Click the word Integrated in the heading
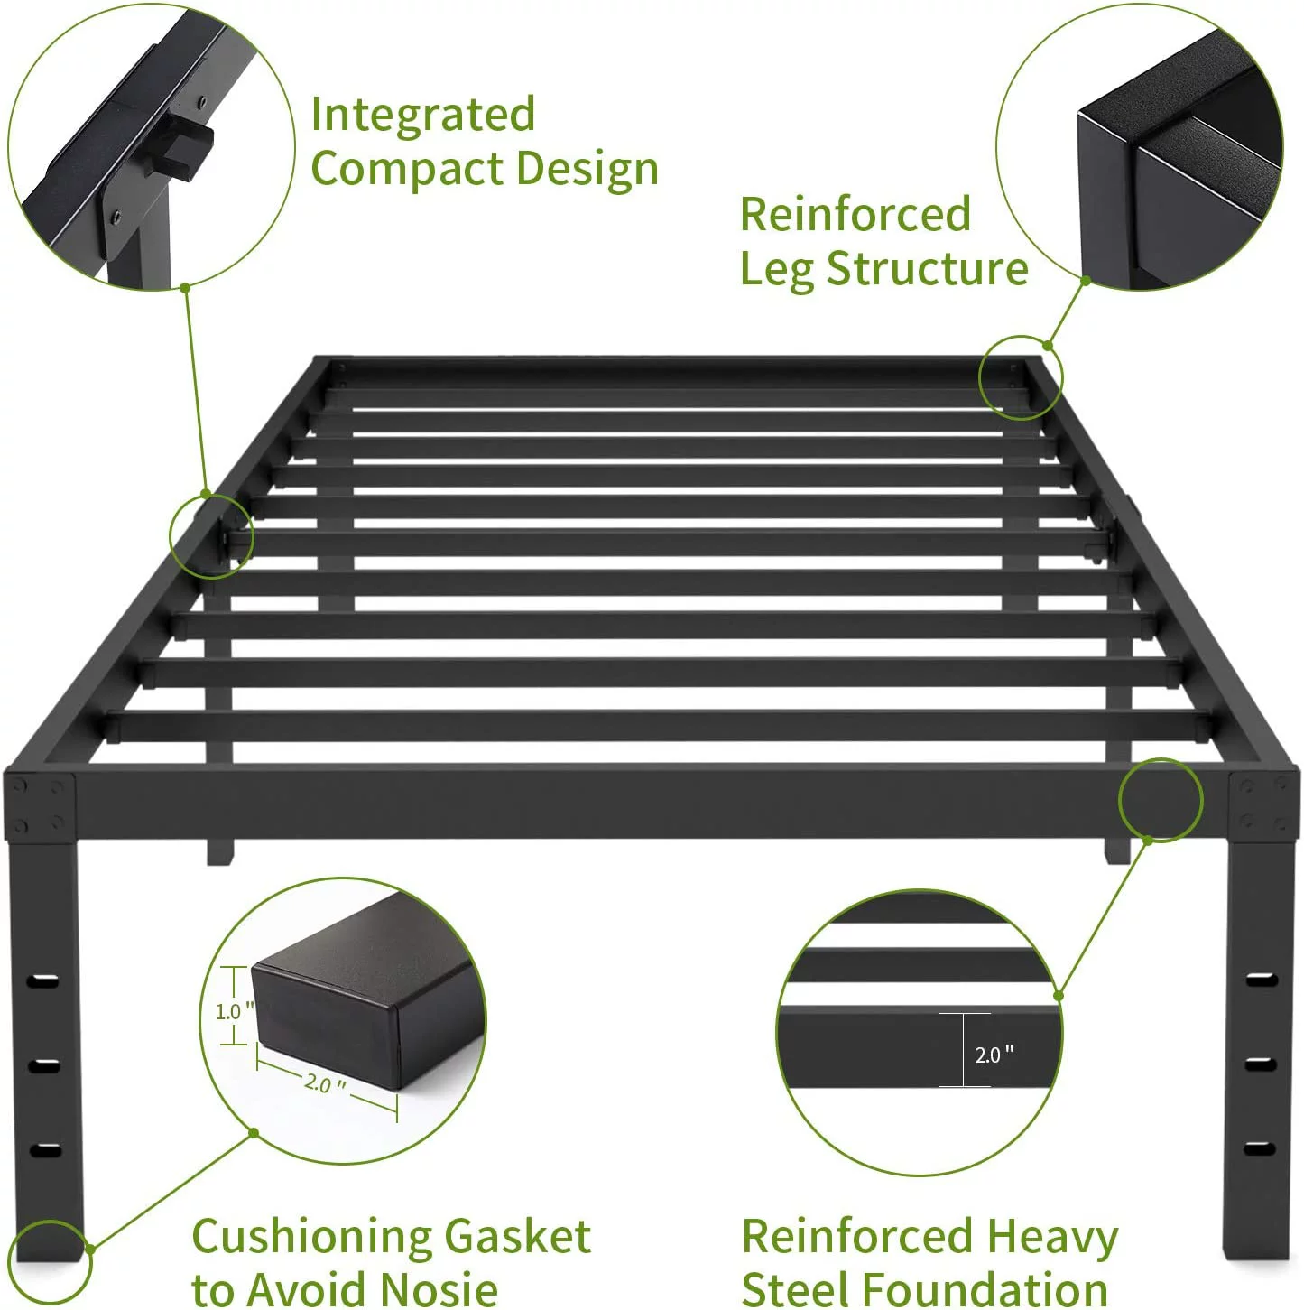(x=422, y=116)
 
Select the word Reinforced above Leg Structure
(x=855, y=215)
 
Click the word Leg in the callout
(x=776, y=269)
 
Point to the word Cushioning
(x=310, y=1236)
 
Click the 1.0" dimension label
(x=234, y=1011)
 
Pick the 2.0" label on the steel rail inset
(x=994, y=1055)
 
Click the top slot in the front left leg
(x=43, y=980)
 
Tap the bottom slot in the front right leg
(x=1260, y=1148)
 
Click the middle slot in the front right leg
(x=1260, y=1064)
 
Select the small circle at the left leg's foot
(x=50, y=1262)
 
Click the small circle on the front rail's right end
(x=1161, y=800)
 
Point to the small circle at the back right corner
(x=1021, y=377)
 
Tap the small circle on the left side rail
(x=211, y=536)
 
